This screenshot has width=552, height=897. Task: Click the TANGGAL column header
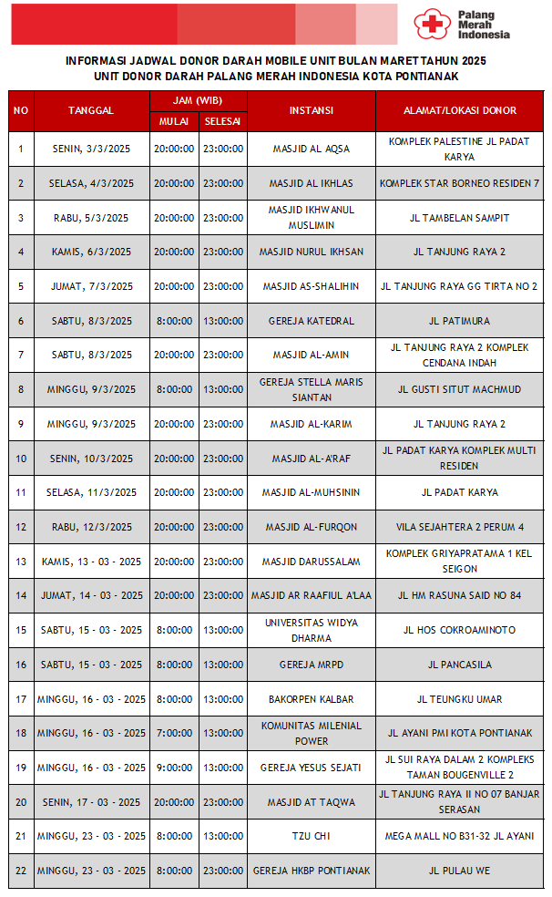point(91,110)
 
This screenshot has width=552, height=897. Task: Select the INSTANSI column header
point(311,110)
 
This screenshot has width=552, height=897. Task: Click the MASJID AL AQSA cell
point(311,149)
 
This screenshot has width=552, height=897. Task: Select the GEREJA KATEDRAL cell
point(311,321)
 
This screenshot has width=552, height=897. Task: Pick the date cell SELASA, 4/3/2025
point(91,183)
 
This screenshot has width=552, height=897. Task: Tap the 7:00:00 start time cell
point(174,733)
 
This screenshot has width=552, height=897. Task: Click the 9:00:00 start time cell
point(174,768)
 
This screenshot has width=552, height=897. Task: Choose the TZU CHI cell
point(311,836)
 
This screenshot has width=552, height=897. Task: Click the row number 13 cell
point(21,562)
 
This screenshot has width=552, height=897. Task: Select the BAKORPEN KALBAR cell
point(311,699)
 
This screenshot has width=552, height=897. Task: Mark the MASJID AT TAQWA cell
point(311,802)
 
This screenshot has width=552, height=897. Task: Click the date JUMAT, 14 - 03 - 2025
point(91,595)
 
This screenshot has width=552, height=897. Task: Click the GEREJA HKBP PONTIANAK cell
point(311,871)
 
